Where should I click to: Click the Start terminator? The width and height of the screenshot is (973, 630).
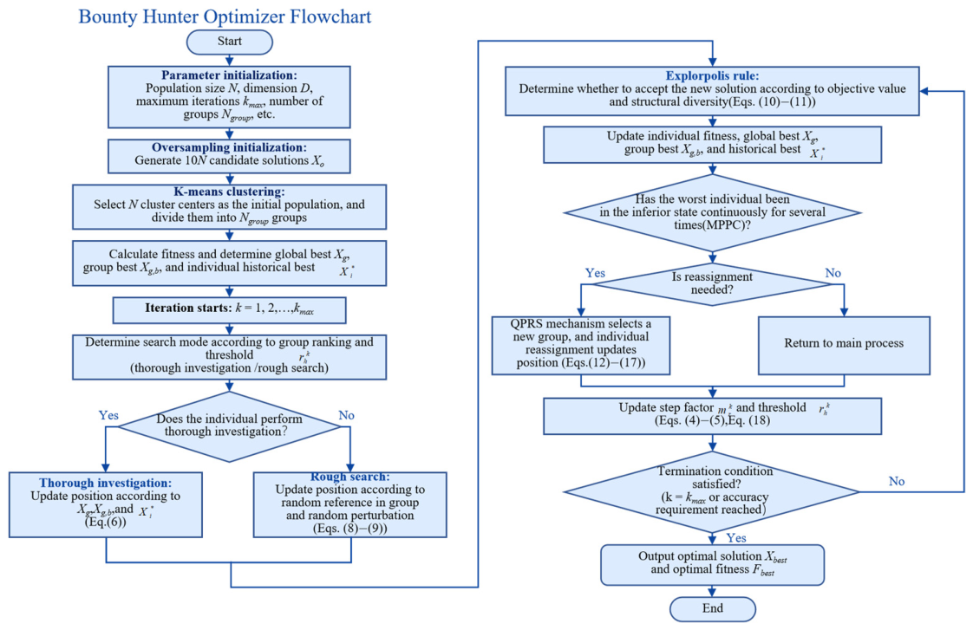point(230,42)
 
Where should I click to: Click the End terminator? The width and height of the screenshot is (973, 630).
point(712,608)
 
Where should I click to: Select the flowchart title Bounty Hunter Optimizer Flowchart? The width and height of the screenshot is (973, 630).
point(225,16)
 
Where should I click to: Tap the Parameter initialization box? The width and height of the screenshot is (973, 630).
point(229,97)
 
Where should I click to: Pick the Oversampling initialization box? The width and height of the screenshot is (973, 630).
point(229,156)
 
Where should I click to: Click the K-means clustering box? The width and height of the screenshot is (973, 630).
point(229,206)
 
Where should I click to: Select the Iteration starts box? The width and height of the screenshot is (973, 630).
point(229,309)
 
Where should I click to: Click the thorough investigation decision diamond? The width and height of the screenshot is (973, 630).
point(229,426)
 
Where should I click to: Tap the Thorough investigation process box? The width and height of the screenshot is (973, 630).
point(106,504)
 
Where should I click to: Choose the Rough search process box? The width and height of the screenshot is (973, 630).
point(350,504)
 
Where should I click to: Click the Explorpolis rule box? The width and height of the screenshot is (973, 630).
point(712,91)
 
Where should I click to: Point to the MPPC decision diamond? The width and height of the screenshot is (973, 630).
point(712,212)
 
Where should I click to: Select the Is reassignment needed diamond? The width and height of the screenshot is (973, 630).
point(712,284)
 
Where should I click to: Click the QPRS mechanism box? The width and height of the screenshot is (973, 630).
point(581,346)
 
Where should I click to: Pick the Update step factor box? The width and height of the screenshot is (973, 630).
point(712,416)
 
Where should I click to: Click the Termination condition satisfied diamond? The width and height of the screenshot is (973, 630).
point(712,491)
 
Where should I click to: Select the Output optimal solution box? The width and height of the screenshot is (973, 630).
point(712,565)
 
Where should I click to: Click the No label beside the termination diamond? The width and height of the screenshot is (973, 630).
point(897,481)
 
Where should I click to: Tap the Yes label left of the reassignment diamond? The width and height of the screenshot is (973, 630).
point(595,273)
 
